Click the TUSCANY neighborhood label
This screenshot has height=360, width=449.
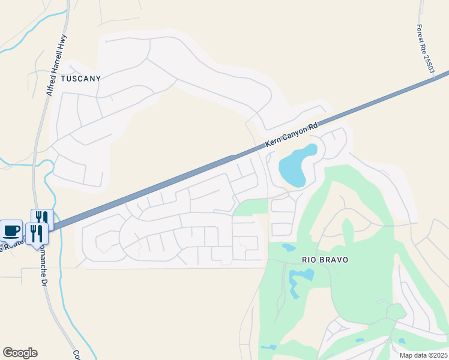click(x=80, y=78)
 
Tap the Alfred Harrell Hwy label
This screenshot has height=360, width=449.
click(x=58, y=65)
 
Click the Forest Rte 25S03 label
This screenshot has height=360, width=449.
click(x=426, y=49)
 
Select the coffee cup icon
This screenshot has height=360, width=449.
click(x=11, y=230)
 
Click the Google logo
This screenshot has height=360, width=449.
click(x=20, y=353)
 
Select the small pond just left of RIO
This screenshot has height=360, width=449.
click(x=288, y=247)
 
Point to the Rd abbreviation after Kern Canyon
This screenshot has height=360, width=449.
click(x=312, y=127)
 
